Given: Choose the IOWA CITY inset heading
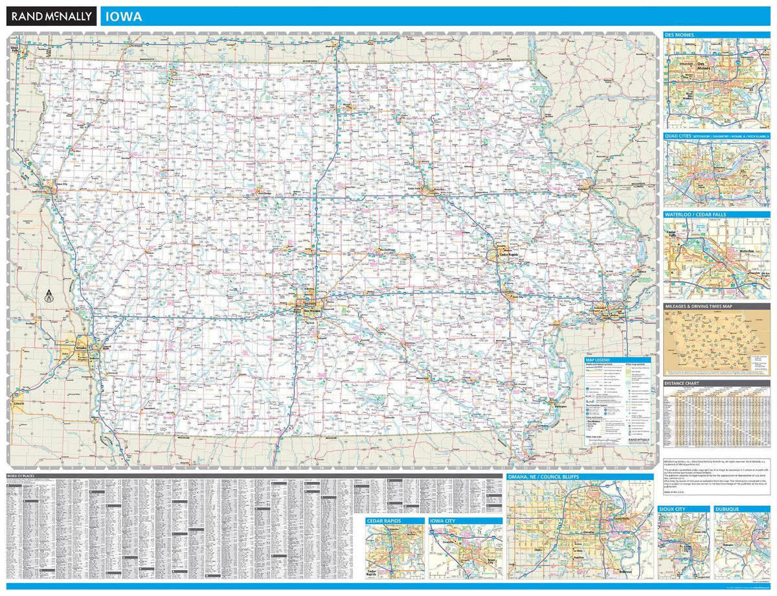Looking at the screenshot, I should [x=445, y=520].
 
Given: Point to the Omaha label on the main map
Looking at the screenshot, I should [x=81, y=347].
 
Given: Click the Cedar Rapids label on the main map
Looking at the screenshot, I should [x=504, y=255].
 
